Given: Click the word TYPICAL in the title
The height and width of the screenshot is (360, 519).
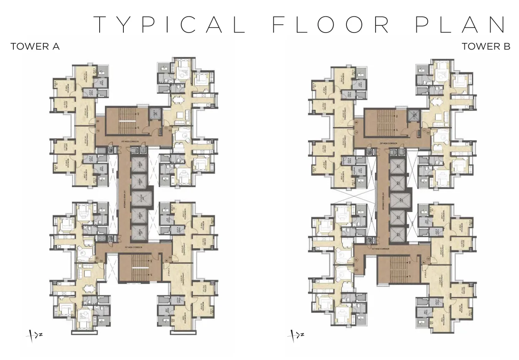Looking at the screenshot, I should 169,24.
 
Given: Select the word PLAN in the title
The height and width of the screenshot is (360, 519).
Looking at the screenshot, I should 461,24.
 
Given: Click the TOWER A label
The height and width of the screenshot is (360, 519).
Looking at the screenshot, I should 35,47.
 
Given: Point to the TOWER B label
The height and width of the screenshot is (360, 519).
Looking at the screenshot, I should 486,47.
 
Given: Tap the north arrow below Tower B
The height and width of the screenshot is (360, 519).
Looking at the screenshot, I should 294,335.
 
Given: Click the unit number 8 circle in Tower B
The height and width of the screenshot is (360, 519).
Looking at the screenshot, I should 356,122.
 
